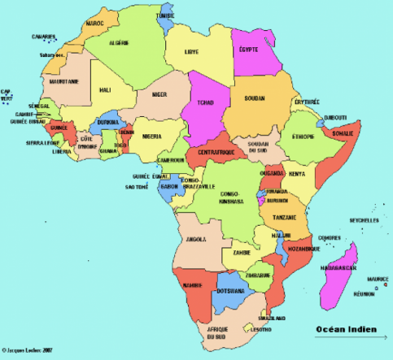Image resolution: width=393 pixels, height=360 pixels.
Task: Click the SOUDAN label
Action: pos(255,98)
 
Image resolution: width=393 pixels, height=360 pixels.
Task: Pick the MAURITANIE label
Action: pos(63,81)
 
